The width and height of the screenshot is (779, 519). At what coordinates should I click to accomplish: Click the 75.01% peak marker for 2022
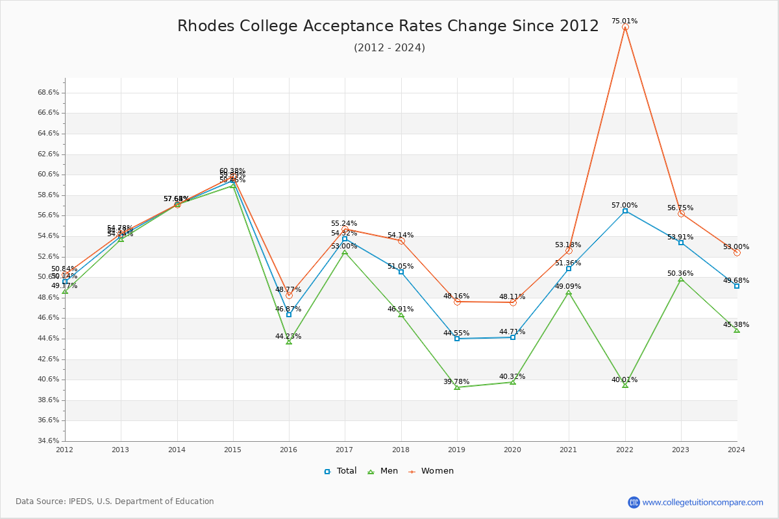625,27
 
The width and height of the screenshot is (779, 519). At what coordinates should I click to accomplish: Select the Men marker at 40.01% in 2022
625,385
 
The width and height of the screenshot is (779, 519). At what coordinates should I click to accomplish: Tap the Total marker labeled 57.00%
625,211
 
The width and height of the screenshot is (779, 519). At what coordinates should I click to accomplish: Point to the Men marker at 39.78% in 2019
457,387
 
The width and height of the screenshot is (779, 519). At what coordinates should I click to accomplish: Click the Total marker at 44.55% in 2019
457,339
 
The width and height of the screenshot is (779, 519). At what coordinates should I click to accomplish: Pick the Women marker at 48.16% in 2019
457,302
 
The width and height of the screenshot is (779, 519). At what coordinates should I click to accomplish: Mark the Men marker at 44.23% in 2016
289,342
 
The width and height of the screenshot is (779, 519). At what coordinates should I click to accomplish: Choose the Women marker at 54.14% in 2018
401,241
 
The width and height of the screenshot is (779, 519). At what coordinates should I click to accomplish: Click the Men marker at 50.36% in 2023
681,279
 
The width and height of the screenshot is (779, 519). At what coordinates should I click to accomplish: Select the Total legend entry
340,471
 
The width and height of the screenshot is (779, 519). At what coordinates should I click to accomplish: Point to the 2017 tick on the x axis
345,449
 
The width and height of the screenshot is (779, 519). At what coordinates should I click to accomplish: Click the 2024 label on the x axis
736,449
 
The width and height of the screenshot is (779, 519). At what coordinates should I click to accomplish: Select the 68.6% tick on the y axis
49,92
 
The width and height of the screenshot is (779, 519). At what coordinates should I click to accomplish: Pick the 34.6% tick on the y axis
49,441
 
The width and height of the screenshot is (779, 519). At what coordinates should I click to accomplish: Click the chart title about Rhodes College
388,26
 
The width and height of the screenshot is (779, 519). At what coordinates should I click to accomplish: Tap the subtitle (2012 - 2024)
389,48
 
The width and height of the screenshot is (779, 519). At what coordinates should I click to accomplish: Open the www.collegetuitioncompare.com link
702,502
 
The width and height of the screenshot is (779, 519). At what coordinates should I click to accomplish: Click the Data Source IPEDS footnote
115,501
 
